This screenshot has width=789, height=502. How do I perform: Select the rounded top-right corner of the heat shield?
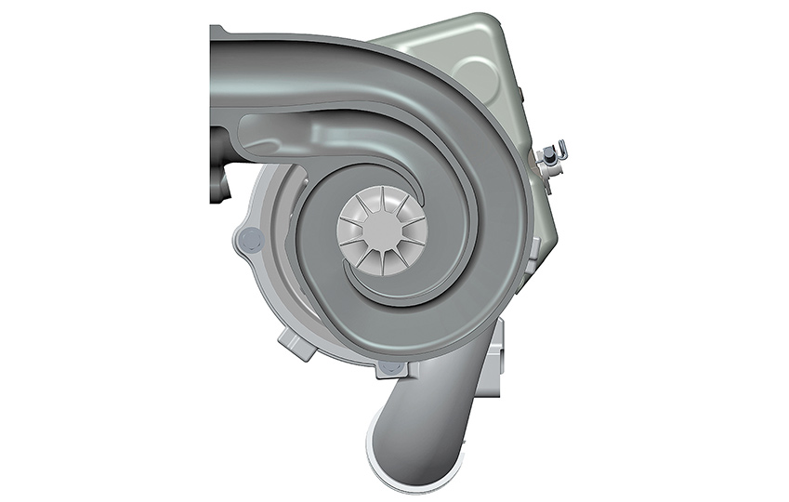(497, 28)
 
